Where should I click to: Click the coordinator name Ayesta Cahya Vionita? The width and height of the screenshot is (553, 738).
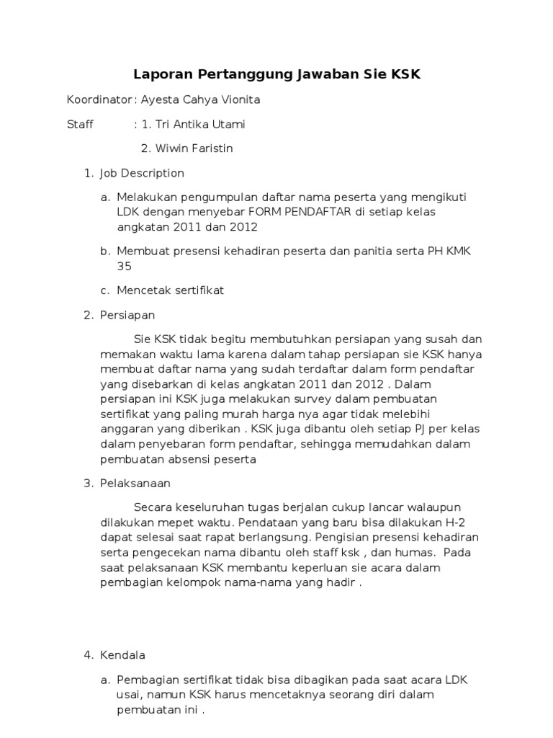tap(201, 100)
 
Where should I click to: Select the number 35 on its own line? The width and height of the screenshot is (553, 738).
tap(125, 266)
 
